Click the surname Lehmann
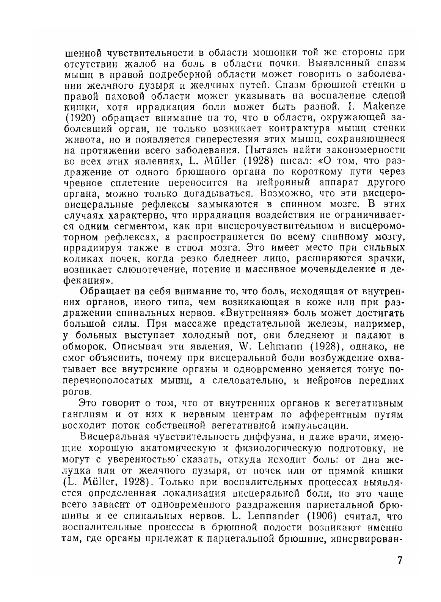tap(279, 346)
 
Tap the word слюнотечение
tap(151, 270)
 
